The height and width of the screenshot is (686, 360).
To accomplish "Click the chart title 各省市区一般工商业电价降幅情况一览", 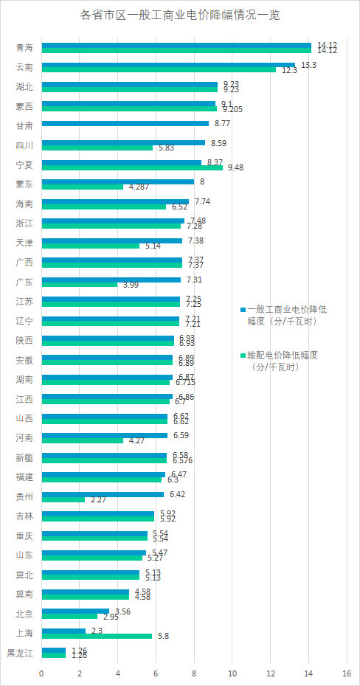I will coord(179,15).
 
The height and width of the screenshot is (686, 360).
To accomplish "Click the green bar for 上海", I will coord(97,636).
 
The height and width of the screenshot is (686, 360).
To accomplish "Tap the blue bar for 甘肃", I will coord(125,123).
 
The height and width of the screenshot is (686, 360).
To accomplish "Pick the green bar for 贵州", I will coord(63,499).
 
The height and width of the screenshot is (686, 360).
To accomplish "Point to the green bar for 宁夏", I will coord(132,167).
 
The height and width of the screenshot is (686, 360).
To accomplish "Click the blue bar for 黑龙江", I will coord(53,649).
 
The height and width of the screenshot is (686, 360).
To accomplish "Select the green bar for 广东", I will coord(79,284).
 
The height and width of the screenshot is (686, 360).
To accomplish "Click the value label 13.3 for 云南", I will coord(310,65).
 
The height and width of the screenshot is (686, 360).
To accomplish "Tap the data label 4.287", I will coord(140,187).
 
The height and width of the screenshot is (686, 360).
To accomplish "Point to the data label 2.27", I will coord(96,500).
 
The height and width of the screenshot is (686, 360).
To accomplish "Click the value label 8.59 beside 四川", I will coord(218,142).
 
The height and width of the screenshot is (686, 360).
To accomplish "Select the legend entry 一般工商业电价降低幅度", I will coord(288,315).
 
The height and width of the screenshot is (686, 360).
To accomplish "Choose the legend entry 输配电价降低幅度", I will coord(288,360).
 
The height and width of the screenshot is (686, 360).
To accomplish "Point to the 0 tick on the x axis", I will coord(42,674).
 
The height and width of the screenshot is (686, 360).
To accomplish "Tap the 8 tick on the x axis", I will coord(194,674).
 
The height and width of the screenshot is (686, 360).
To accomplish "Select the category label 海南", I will coord(24,204).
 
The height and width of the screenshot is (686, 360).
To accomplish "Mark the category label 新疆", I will coord(24,458).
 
